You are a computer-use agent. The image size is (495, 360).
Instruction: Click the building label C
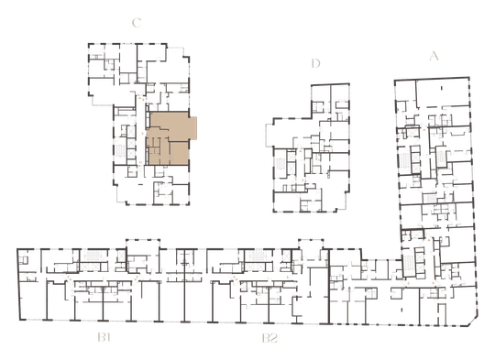pyautogui.click(x=137, y=23)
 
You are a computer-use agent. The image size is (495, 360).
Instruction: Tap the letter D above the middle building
pyautogui.click(x=315, y=63)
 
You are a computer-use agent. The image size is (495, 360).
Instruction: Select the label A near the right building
pyautogui.click(x=434, y=56)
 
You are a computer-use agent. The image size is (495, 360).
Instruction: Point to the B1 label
pyautogui.click(x=104, y=338)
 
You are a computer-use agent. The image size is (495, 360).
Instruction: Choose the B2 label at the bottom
pyautogui.click(x=269, y=338)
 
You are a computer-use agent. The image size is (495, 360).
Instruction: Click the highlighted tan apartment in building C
pyautogui.click(x=169, y=139)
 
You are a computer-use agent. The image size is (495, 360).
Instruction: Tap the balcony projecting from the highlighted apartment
pyautogui.click(x=193, y=128)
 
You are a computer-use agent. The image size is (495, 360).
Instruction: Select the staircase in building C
pyautogui.click(x=120, y=151)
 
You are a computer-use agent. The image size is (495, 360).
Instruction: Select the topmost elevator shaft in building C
pyautogui.click(x=130, y=131)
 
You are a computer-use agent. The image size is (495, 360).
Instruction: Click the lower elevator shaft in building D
pyautogui.click(x=291, y=169)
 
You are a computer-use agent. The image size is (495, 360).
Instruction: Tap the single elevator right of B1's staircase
pyautogui.click(x=121, y=256)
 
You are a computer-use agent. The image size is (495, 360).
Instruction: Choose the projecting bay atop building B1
pyautogui.click(x=143, y=245)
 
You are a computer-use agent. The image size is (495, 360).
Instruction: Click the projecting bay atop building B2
pyautogui.click(x=311, y=245)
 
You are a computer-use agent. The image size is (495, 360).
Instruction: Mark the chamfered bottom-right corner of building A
pyautogui.click(x=473, y=322)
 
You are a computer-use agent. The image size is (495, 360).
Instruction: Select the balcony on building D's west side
pyautogui.click(x=269, y=136)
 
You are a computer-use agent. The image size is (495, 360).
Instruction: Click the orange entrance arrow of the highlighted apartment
pyautogui.click(x=144, y=134)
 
